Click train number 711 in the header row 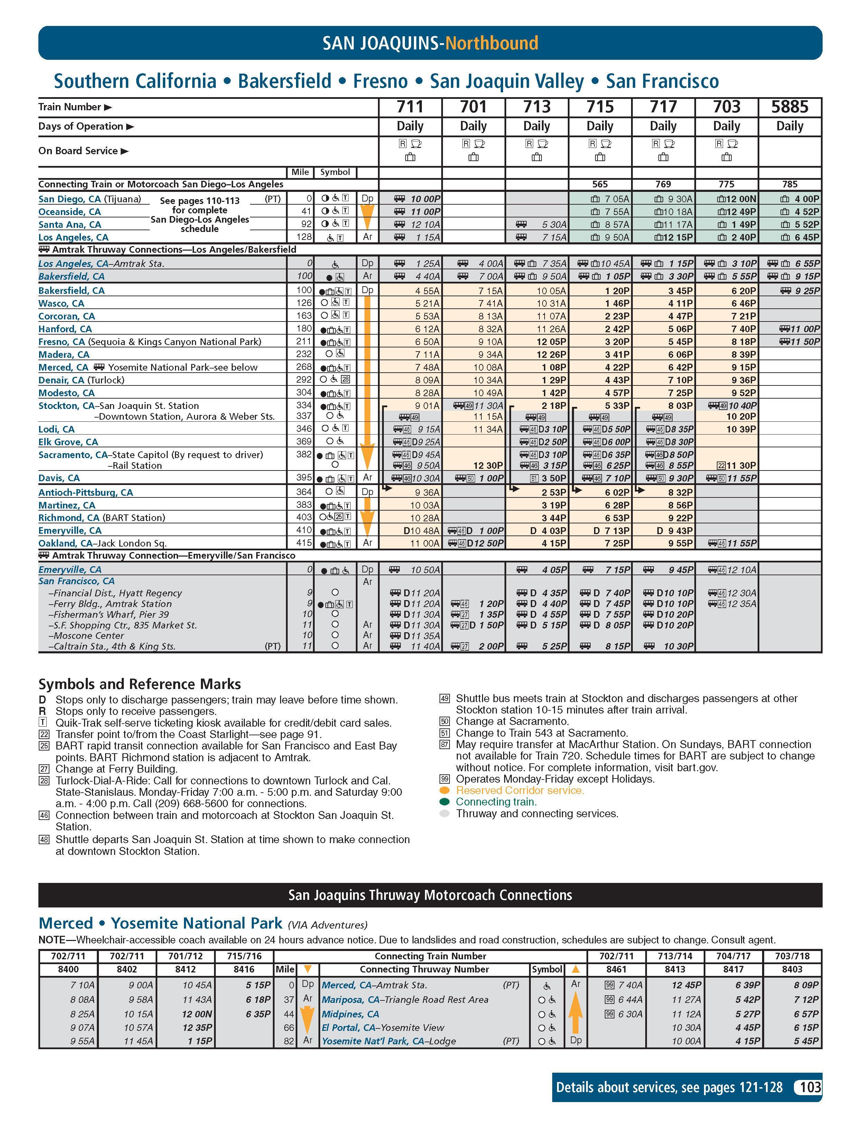pyautogui.click(x=410, y=107)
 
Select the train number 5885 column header pyautogui.click(x=790, y=107)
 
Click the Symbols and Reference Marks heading pyautogui.click(x=139, y=684)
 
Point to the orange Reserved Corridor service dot pyautogui.click(x=444, y=790)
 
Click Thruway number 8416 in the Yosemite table pyautogui.click(x=244, y=969)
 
